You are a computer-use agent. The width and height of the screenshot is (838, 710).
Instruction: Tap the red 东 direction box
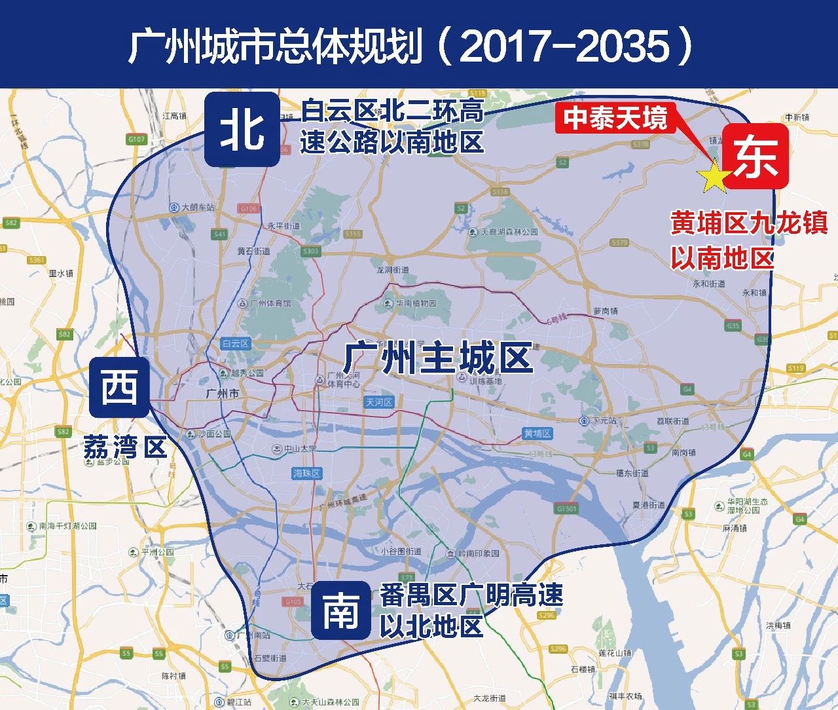756,157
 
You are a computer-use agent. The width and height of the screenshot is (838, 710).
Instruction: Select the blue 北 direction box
242,130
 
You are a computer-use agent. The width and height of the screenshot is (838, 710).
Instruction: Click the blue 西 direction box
120,386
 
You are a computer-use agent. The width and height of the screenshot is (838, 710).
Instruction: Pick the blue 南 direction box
340,610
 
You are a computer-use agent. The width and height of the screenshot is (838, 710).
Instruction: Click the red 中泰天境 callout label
615,119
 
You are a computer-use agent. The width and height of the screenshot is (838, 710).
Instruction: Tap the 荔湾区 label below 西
125,449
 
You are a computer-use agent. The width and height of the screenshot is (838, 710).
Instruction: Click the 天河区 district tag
379,402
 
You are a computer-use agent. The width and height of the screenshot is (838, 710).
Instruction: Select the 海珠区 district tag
306,473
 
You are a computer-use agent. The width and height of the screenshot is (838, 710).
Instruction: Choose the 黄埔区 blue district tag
537,434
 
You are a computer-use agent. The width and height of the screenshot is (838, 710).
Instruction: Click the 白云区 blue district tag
236,343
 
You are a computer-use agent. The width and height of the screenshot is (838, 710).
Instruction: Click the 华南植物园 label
415,303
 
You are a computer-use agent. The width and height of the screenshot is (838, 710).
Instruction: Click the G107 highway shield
136,139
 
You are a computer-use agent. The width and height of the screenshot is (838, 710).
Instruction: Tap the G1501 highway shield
566,508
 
